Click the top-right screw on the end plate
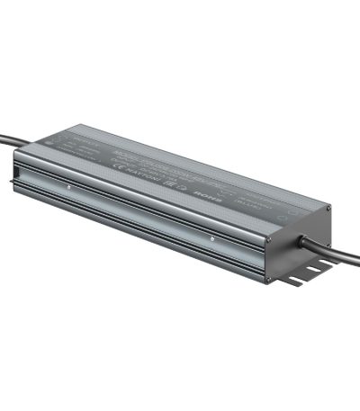[328, 209]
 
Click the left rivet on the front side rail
[68, 187]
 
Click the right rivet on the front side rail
[211, 238]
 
